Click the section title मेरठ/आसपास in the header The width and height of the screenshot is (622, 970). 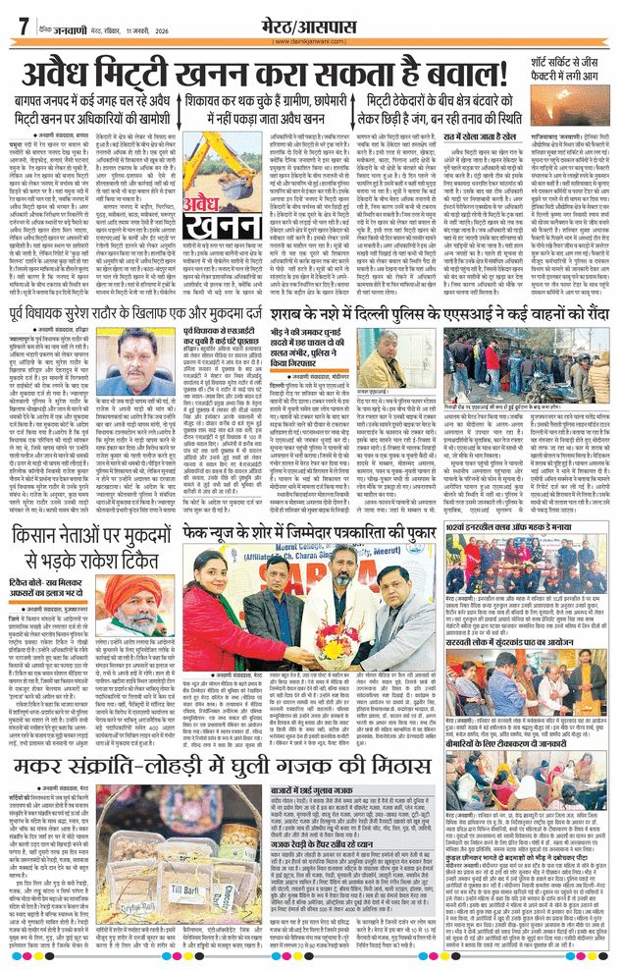click(310, 22)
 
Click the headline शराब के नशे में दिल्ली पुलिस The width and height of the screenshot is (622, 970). click(461, 315)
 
